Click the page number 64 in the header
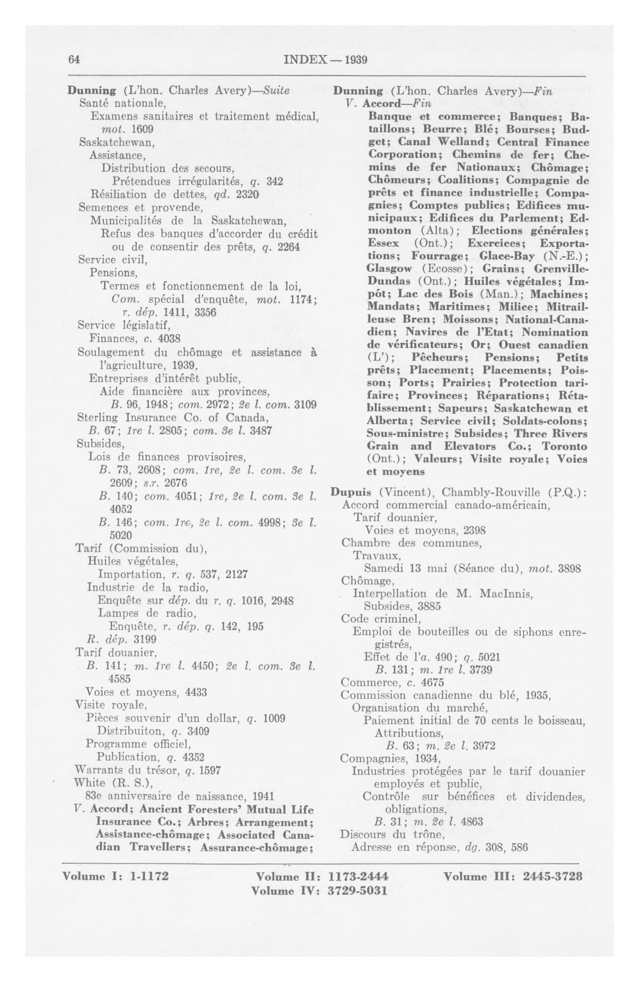pyautogui.click(x=74, y=60)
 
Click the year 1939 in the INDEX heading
pyautogui.click(x=356, y=60)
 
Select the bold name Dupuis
pyautogui.click(x=353, y=492)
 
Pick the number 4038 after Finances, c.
pyautogui.click(x=169, y=339)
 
